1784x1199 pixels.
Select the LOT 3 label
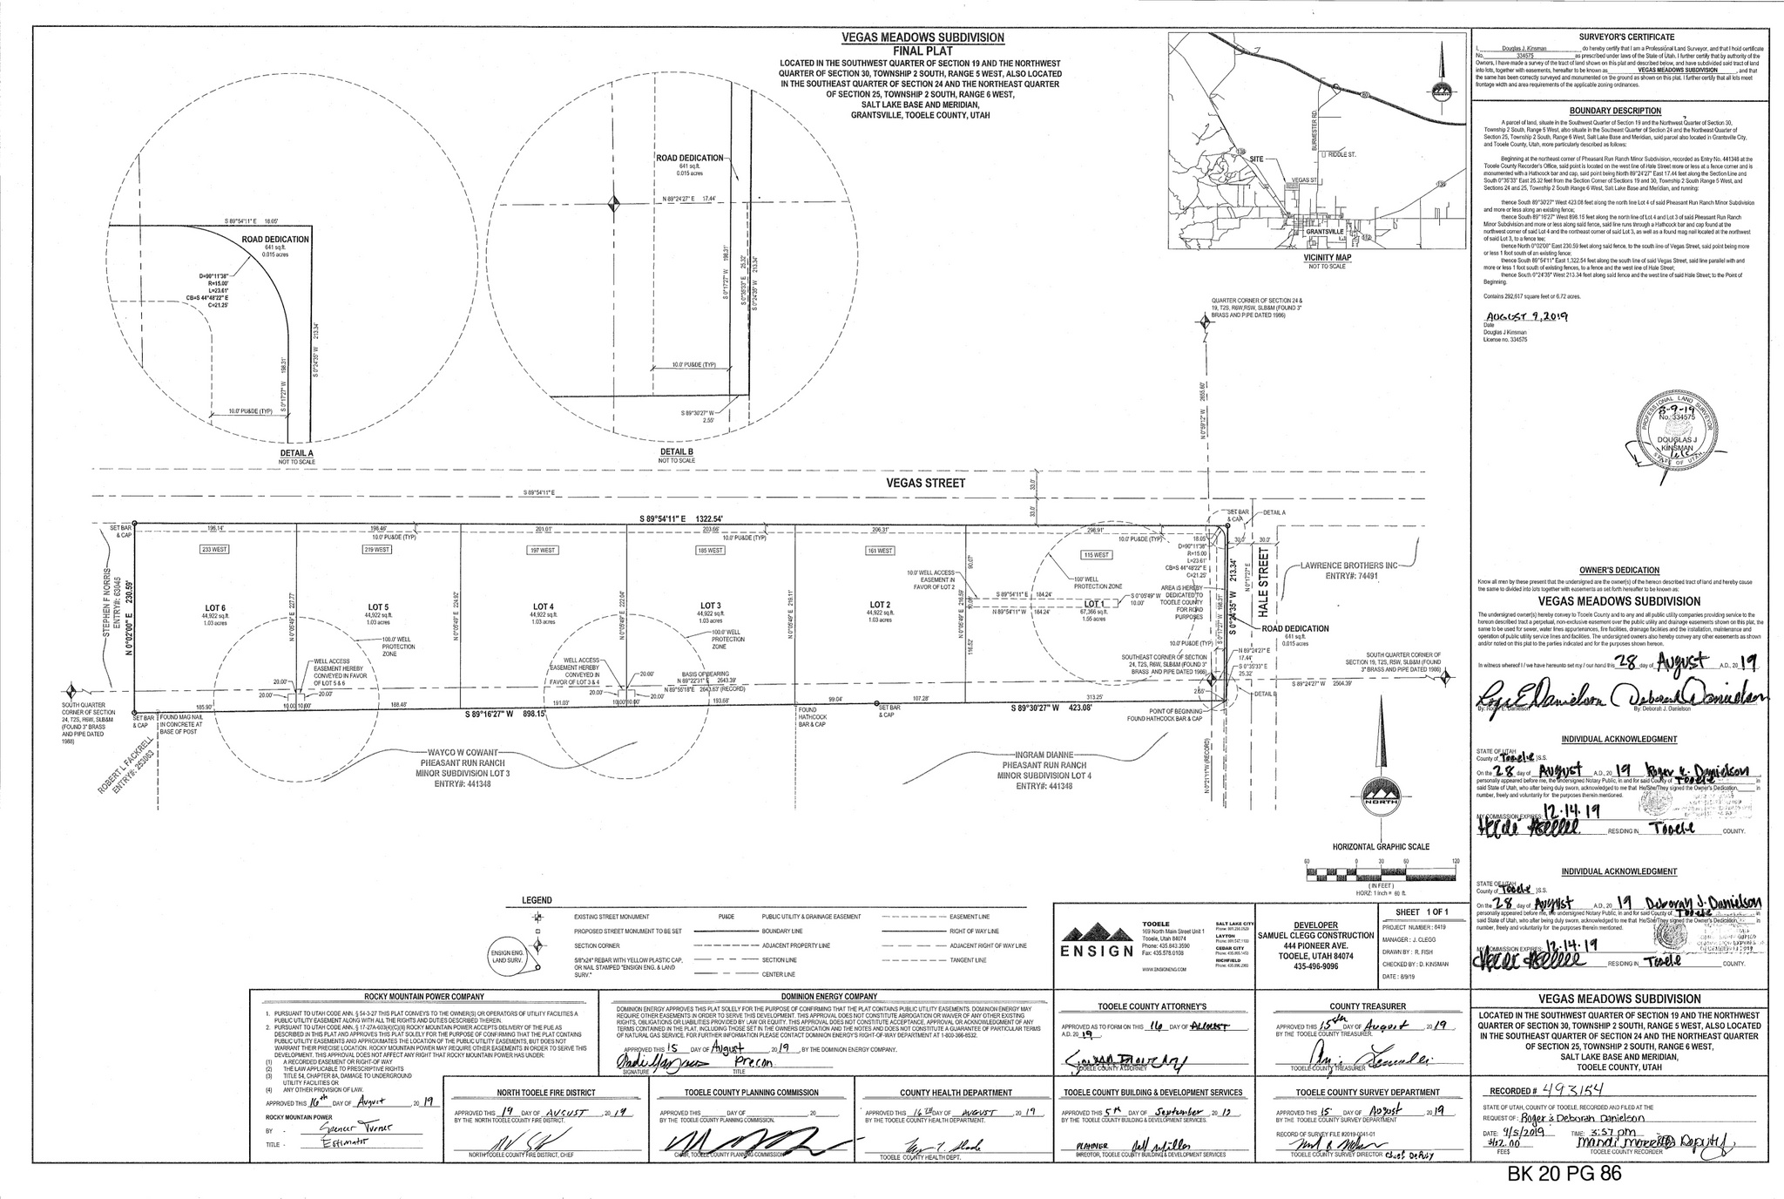coord(711,606)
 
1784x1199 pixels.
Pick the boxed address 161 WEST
coord(880,551)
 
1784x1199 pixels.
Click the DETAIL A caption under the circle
coord(293,454)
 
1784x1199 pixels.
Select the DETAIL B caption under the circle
coord(677,454)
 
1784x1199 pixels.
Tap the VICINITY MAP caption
coord(1327,259)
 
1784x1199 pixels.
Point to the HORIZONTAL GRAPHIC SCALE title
coord(1381,847)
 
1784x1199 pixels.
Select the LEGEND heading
coord(537,900)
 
